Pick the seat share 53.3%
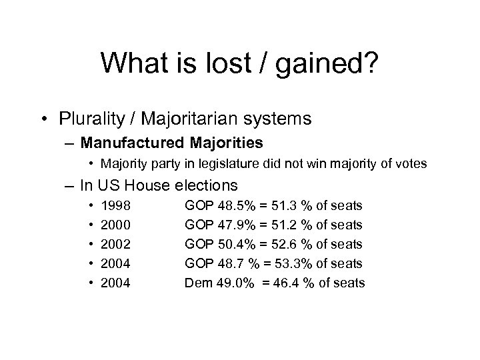coord(283,264)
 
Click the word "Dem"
coord(197,283)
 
